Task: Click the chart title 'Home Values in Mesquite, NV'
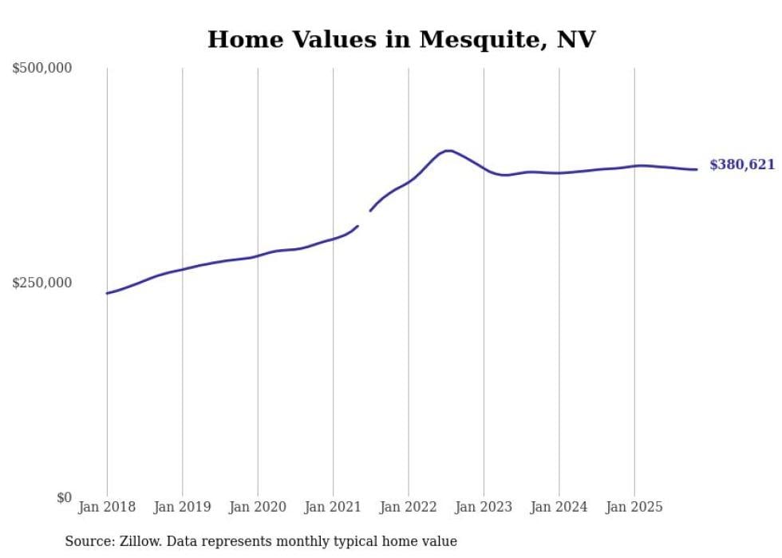click(401, 39)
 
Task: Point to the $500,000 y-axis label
click(42, 69)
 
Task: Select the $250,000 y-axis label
click(42, 283)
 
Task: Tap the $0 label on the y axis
click(64, 497)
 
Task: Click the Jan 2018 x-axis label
click(107, 507)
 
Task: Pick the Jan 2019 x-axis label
click(182, 507)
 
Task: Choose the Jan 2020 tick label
click(258, 507)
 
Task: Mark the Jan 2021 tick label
click(333, 507)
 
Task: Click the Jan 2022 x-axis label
click(409, 507)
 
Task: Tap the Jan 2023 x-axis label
click(484, 507)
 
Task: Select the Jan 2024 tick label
click(559, 507)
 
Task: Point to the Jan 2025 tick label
click(634, 507)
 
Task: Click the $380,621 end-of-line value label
click(742, 165)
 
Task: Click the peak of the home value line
click(448, 150)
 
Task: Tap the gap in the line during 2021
click(365, 218)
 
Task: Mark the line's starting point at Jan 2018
click(107, 293)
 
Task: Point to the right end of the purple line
click(697, 169)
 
